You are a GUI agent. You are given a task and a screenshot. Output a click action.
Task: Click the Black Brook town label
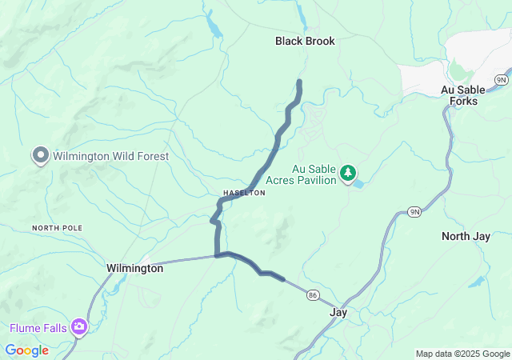tap(305, 41)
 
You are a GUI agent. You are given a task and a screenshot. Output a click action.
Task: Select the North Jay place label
tap(466, 236)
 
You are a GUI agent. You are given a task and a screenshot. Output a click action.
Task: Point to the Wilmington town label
tap(134, 269)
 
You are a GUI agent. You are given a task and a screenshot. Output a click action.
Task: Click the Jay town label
tap(338, 312)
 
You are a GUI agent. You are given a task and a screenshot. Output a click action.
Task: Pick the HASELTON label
tap(244, 194)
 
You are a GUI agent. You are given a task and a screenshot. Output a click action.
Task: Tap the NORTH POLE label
tap(57, 229)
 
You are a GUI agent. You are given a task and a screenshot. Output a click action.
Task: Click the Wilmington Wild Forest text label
tap(111, 156)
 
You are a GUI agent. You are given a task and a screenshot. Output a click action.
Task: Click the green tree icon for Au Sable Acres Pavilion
tap(348, 173)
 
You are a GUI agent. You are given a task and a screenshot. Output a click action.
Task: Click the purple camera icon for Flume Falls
tap(79, 327)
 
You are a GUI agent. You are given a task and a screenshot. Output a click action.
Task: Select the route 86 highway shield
tap(312, 296)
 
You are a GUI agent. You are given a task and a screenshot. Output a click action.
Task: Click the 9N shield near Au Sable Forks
tap(501, 80)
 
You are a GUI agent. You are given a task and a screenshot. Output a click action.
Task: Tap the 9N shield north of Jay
tap(414, 211)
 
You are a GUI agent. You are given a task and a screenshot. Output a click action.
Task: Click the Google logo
tap(26, 350)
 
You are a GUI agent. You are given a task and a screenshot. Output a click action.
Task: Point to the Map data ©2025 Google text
tap(462, 354)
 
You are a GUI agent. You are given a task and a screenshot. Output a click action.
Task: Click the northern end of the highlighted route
tap(300, 82)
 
